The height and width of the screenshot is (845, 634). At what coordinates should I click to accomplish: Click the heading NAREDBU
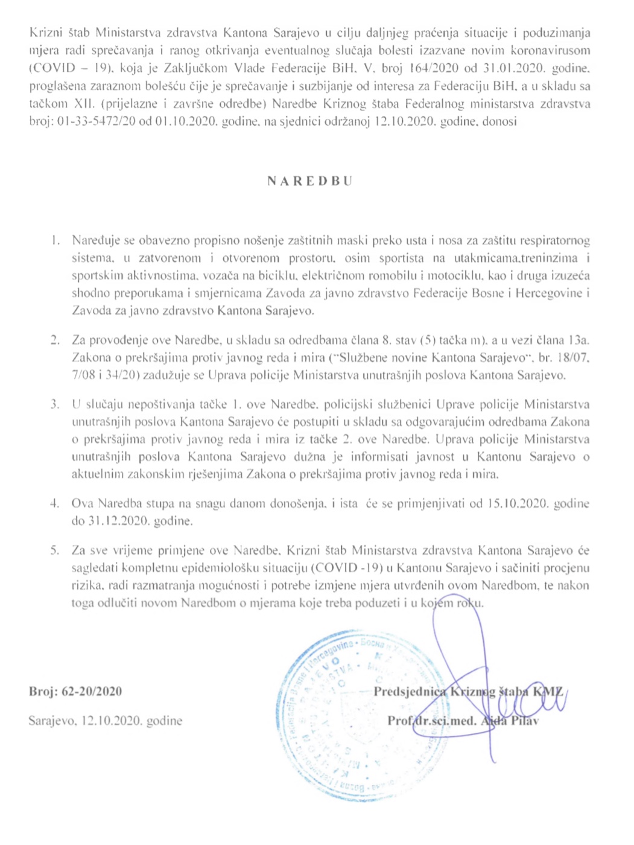coord(309,181)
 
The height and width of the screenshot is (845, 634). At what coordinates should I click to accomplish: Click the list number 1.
coord(55,241)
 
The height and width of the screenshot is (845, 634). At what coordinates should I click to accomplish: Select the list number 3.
coord(55,404)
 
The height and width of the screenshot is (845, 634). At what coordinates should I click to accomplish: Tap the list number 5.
coord(55,550)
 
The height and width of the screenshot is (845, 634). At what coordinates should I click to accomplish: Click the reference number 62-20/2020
coord(92,692)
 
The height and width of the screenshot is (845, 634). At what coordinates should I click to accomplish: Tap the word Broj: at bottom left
coord(43,692)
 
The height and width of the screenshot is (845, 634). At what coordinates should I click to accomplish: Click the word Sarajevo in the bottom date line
coord(52,721)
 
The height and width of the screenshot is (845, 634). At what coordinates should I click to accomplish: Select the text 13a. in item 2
coord(580,340)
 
